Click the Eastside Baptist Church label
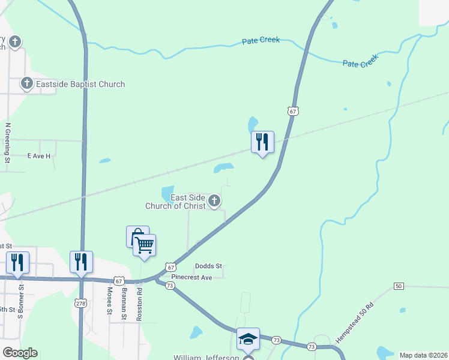(80, 84)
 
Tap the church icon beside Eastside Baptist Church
(27, 83)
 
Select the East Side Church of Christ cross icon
(214, 202)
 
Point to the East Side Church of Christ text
(175, 202)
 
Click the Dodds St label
(208, 266)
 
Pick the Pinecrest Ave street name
(191, 278)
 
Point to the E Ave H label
(39, 155)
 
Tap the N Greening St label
(8, 143)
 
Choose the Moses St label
(109, 301)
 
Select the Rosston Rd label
(139, 303)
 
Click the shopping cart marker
(145, 245)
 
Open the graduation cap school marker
(247, 339)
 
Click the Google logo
(20, 353)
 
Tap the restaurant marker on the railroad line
(262, 142)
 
